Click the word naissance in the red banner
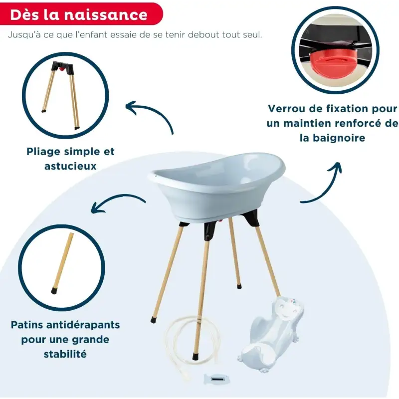[106, 15]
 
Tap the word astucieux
[70, 166]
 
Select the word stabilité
[65, 354]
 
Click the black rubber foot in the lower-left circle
[54, 291]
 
